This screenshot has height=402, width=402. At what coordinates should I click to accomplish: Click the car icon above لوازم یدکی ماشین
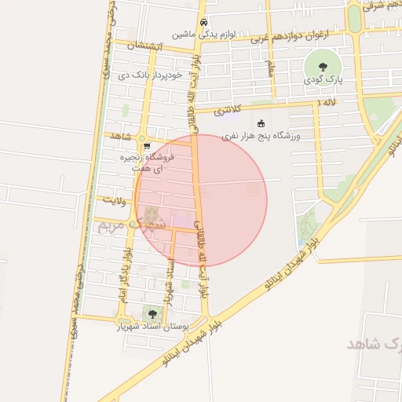203,22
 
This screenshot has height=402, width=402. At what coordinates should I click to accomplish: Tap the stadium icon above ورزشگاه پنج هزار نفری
261,123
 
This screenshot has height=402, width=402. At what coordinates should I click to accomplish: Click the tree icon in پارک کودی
321,65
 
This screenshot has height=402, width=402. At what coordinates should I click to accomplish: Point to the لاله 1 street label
326,103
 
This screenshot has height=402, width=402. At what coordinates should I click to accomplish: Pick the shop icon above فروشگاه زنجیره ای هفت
147,146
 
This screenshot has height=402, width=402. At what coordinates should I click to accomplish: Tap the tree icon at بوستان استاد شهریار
151,314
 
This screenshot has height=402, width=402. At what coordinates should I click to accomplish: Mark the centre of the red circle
201,200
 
